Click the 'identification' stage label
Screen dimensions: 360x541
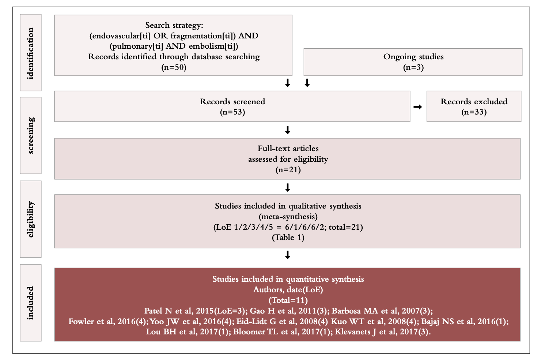(x=31, y=53)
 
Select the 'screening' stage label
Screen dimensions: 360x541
(x=31, y=135)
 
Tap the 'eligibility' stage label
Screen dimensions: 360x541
(x=31, y=219)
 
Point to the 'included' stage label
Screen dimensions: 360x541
(x=31, y=303)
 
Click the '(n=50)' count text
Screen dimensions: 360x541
(x=174, y=67)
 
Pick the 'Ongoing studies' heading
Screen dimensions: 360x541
(x=413, y=57)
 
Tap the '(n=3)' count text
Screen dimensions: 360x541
(x=413, y=67)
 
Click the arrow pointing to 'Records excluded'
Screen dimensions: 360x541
(x=417, y=107)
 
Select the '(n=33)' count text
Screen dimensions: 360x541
(x=474, y=112)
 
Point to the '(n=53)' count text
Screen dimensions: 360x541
(x=232, y=112)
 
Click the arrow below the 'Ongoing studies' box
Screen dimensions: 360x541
(x=307, y=83)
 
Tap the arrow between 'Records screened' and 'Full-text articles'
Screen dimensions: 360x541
(x=288, y=130)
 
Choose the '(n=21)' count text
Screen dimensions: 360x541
(x=288, y=170)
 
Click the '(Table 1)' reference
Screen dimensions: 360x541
(x=288, y=237)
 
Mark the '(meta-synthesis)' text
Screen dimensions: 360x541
(x=288, y=217)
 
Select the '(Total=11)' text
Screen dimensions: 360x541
(x=288, y=300)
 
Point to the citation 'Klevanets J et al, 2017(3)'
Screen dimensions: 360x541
(x=382, y=332)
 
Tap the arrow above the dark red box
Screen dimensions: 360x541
(x=288, y=255)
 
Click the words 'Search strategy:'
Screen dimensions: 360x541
(x=174, y=25)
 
